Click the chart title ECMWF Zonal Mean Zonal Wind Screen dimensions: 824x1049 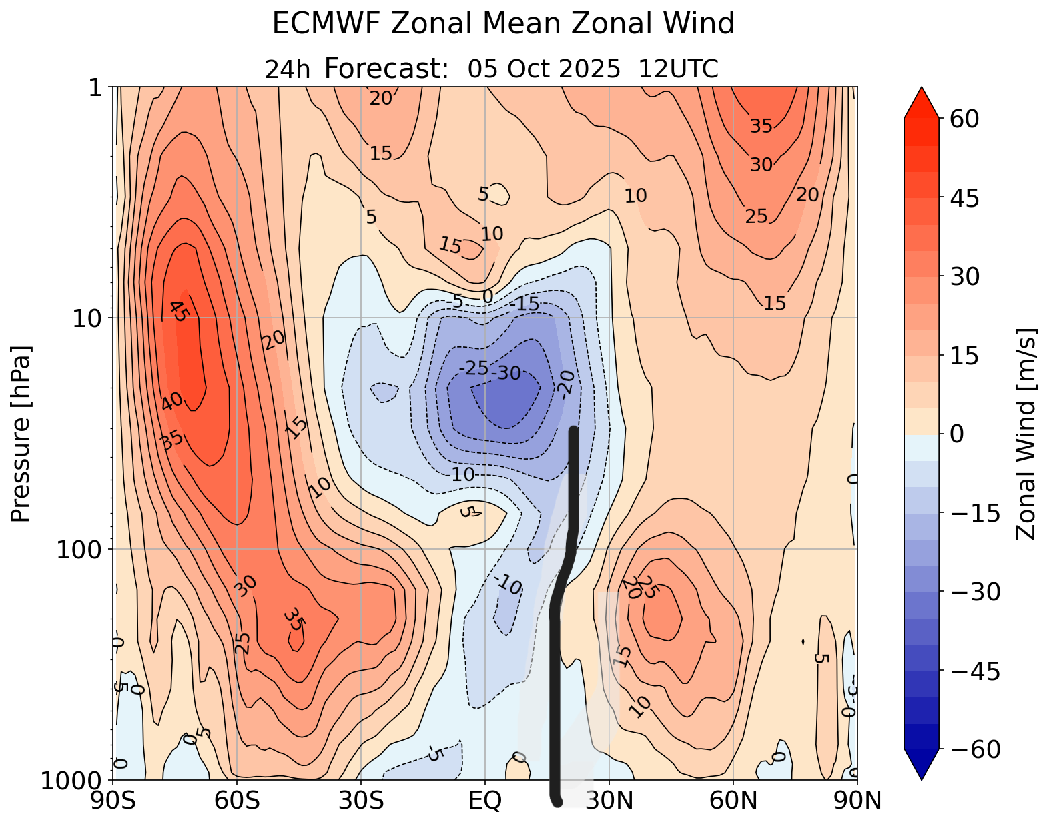[503, 25]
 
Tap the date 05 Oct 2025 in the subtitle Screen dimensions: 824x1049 [544, 69]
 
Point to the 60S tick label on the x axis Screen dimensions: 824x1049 [237, 801]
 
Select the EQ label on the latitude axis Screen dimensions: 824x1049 [485, 801]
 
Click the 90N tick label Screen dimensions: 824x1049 [857, 801]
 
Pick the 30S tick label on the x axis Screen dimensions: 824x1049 [360, 801]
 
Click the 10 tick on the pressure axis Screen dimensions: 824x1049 [86, 318]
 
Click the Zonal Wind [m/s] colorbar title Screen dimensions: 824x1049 [1026, 434]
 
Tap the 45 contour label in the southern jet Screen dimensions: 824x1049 [178, 311]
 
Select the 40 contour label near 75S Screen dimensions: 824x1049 [171, 402]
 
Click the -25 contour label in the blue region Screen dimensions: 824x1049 [474, 368]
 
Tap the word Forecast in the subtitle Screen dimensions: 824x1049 [386, 69]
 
